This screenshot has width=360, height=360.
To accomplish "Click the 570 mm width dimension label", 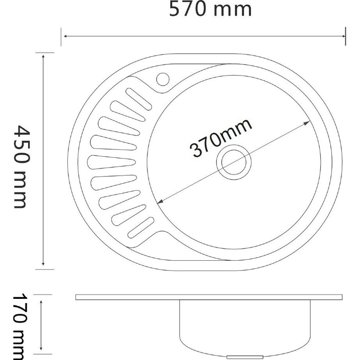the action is tap(210, 9).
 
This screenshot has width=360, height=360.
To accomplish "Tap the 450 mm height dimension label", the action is tap(21, 167).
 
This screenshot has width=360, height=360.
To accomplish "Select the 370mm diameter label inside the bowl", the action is tap(221, 138).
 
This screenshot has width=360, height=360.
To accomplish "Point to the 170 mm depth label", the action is tap(20, 326).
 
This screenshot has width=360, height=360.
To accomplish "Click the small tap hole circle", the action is tap(163, 79).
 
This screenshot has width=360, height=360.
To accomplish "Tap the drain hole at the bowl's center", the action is tap(234, 162).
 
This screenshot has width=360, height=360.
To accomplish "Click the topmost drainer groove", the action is tap(139, 99).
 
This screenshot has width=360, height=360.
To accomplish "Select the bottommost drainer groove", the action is tap(141, 228).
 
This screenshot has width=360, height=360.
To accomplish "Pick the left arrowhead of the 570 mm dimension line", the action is tap(65, 36).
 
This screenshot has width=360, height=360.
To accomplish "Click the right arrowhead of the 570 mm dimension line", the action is tap(344, 36).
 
